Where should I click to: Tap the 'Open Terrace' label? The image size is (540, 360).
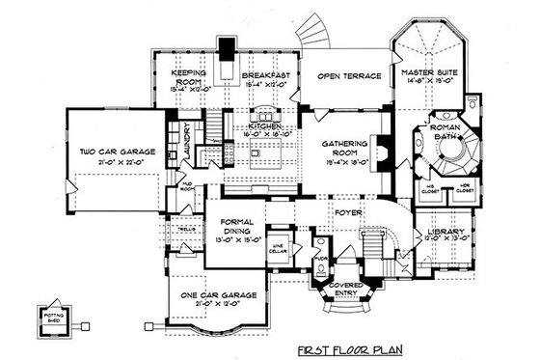point(343,73)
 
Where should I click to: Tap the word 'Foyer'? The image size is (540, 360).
point(347,205)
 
